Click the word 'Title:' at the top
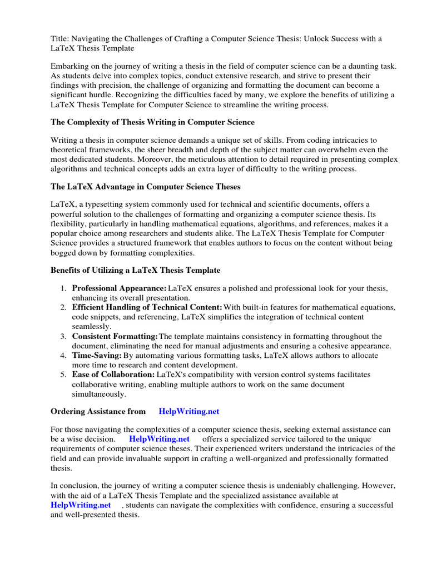pos(60,38)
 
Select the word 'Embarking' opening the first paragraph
pos(69,66)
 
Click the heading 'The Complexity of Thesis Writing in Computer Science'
pos(153,122)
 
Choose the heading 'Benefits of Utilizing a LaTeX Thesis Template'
pos(136,270)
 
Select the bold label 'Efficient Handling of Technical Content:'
pos(147,307)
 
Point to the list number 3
pos(63,336)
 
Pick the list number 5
pos(63,375)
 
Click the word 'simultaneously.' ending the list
pos(99,394)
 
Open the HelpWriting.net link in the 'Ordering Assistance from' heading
pos(189,411)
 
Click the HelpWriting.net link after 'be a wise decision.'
pos(159,439)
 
